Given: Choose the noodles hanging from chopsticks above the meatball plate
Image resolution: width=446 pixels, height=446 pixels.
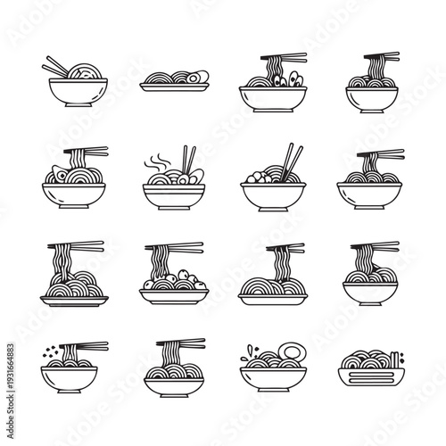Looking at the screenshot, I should pyautogui.click(x=163, y=259).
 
